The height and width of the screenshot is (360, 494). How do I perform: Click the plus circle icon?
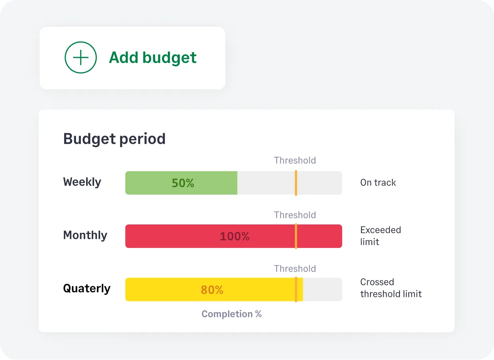pos(81,58)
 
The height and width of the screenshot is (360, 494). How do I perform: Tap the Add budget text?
pos(153,58)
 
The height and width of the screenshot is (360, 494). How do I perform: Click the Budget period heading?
pos(114,139)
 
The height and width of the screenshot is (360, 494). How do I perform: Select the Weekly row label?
pos(82,182)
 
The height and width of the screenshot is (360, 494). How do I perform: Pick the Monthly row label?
pos(85,235)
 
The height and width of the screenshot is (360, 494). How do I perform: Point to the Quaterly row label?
pos(87,288)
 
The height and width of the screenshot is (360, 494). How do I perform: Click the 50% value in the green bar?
pos(183,183)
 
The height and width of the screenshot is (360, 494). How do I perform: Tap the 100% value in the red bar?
pos(234,236)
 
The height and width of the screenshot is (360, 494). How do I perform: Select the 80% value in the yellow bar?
pos(212,290)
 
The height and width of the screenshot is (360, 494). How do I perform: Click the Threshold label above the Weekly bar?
pos(295,160)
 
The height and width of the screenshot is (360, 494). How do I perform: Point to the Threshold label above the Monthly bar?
pos(295,215)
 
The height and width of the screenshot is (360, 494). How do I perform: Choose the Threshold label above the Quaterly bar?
pos(295,269)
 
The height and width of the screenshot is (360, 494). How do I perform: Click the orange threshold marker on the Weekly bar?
pos(296,183)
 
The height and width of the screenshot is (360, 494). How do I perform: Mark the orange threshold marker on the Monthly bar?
pos(296,236)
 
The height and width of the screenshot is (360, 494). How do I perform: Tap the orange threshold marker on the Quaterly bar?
pos(296,290)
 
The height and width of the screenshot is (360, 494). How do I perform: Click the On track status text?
pos(378,183)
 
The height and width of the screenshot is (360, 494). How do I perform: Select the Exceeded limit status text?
pos(380,236)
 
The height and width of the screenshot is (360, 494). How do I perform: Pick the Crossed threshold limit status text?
pos(391,288)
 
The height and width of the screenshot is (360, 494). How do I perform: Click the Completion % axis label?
pos(231,314)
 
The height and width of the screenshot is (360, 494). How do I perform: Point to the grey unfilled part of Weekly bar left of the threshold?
pos(266,183)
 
